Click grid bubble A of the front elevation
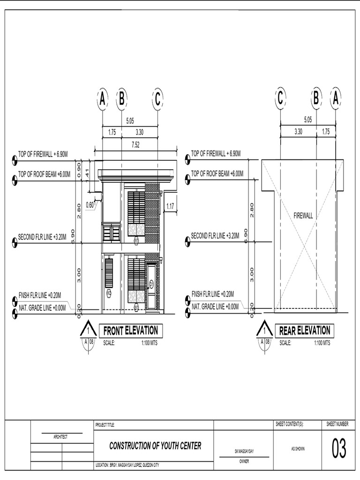coord(102,99)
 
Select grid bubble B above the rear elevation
coord(316,99)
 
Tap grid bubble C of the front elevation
coord(157,99)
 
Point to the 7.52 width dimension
coord(136,145)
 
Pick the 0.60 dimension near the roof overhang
coord(90,204)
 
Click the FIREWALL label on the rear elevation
coord(303,216)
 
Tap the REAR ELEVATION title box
coord(305,330)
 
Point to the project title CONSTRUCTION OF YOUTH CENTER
coord(155,446)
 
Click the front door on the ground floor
coord(151,287)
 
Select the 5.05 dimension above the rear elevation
coord(308,120)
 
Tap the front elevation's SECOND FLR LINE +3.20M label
coord(45,237)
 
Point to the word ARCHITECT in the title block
coord(60,437)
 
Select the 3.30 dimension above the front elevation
coord(140,133)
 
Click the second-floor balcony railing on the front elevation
coord(112,233)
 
